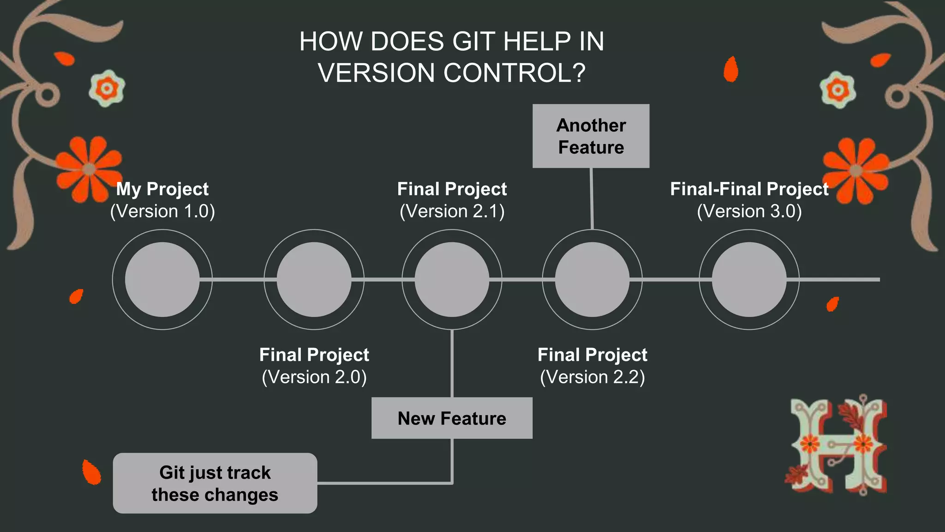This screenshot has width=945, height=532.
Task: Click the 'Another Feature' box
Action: click(591, 136)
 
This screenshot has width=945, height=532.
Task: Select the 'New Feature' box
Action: click(452, 418)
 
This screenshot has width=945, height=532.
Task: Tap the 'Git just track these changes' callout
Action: click(215, 483)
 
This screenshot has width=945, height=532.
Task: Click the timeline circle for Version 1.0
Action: click(162, 279)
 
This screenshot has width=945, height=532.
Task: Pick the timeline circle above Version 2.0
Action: click(314, 279)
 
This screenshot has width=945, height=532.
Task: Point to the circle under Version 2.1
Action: click(452, 279)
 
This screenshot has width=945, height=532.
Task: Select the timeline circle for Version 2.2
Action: click(592, 279)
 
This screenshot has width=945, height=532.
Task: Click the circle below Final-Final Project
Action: click(749, 279)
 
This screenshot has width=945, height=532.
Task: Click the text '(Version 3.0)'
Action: click(749, 211)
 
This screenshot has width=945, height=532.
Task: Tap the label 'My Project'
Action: click(162, 189)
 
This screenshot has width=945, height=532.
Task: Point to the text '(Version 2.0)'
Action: click(314, 377)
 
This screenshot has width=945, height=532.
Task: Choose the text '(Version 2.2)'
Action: click(592, 377)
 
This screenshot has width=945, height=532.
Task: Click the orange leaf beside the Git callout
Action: click(91, 472)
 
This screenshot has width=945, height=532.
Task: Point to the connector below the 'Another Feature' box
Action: click(592, 199)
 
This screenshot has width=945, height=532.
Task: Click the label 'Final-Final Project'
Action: click(749, 189)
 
